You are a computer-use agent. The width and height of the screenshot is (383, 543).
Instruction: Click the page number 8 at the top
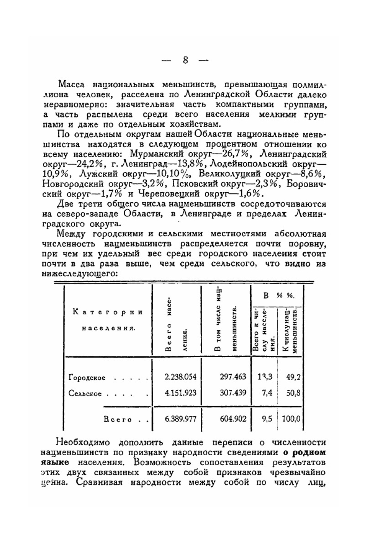click(x=185, y=60)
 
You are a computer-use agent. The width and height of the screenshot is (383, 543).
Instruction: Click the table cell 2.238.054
click(x=180, y=377)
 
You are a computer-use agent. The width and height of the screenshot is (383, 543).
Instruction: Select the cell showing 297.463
click(x=233, y=377)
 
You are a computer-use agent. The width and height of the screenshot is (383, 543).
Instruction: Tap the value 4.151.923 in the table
click(x=180, y=393)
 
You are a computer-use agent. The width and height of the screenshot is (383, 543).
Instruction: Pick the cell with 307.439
click(x=233, y=393)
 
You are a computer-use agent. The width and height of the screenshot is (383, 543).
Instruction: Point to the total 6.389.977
click(x=180, y=419)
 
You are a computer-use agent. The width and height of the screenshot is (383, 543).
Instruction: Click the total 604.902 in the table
click(x=233, y=419)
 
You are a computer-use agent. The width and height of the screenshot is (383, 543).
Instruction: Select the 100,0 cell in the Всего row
click(x=291, y=419)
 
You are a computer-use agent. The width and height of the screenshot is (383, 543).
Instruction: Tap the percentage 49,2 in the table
click(x=293, y=377)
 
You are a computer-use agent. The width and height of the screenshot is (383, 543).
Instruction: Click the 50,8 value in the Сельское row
click(x=293, y=393)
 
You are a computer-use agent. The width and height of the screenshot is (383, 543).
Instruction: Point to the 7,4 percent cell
click(x=267, y=393)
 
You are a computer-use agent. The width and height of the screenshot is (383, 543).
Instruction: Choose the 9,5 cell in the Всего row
click(x=267, y=419)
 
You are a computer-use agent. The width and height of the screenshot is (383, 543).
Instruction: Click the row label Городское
click(x=87, y=378)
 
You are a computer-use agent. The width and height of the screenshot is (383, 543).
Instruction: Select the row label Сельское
click(x=85, y=394)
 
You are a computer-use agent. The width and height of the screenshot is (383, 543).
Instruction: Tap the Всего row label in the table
click(x=118, y=419)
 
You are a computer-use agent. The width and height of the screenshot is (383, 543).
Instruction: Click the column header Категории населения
click(x=108, y=320)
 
